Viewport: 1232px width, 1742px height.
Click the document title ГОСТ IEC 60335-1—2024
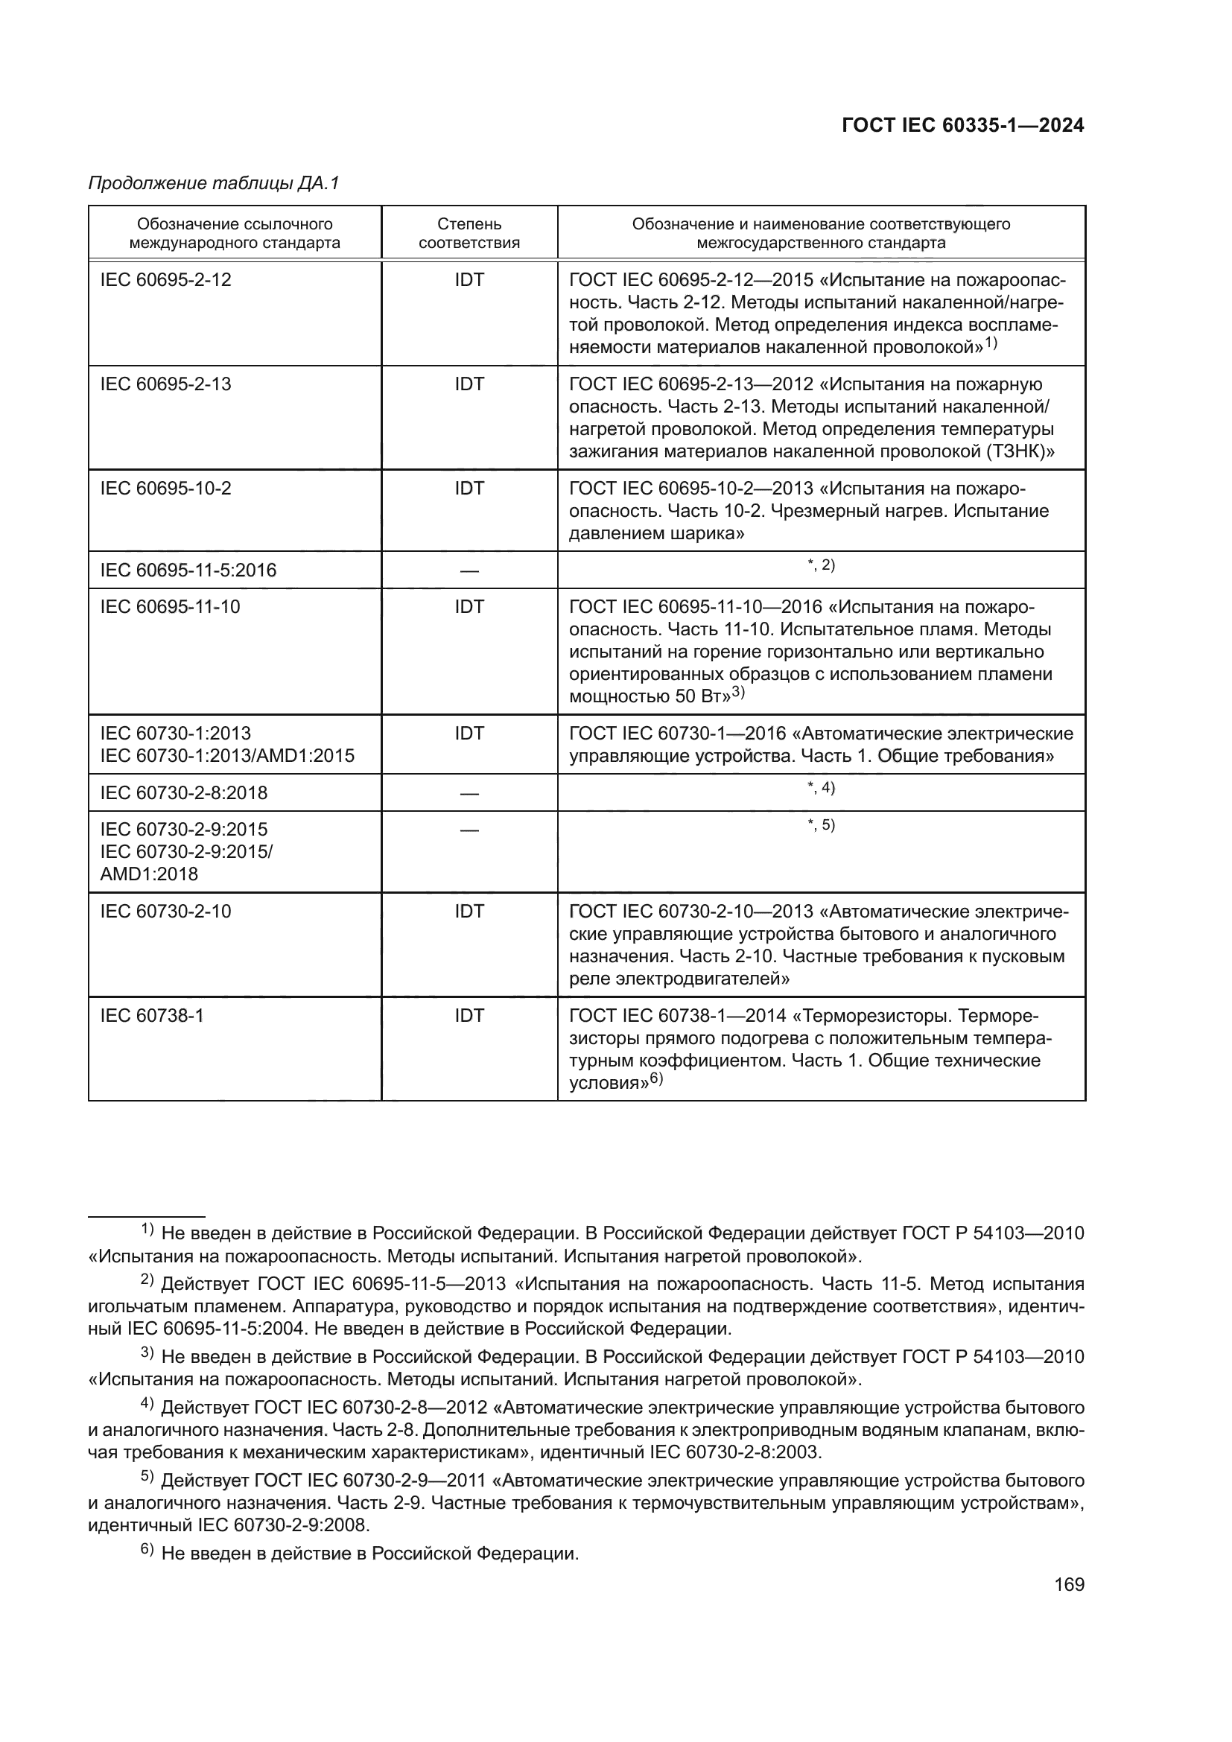[962, 126]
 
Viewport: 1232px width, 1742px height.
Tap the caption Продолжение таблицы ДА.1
[214, 184]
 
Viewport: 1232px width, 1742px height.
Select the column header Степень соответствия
[469, 233]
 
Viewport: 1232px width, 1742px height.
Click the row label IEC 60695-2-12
[165, 280]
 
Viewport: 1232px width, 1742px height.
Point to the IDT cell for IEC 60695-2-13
[469, 384]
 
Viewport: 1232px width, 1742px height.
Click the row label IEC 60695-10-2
[165, 489]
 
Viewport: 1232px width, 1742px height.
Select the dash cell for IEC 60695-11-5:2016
[469, 570]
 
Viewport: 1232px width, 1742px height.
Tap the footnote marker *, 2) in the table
[821, 565]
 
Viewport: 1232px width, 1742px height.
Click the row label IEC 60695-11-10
[170, 607]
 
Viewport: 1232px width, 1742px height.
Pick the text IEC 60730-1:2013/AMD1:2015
[227, 756]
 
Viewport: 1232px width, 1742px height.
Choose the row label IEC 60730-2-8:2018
[183, 793]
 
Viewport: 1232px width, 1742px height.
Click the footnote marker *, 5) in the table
[821, 824]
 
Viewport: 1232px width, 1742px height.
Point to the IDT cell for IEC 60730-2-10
[469, 911]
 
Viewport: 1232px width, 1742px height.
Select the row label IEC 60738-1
[152, 1015]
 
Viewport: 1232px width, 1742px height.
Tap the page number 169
[1069, 1584]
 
